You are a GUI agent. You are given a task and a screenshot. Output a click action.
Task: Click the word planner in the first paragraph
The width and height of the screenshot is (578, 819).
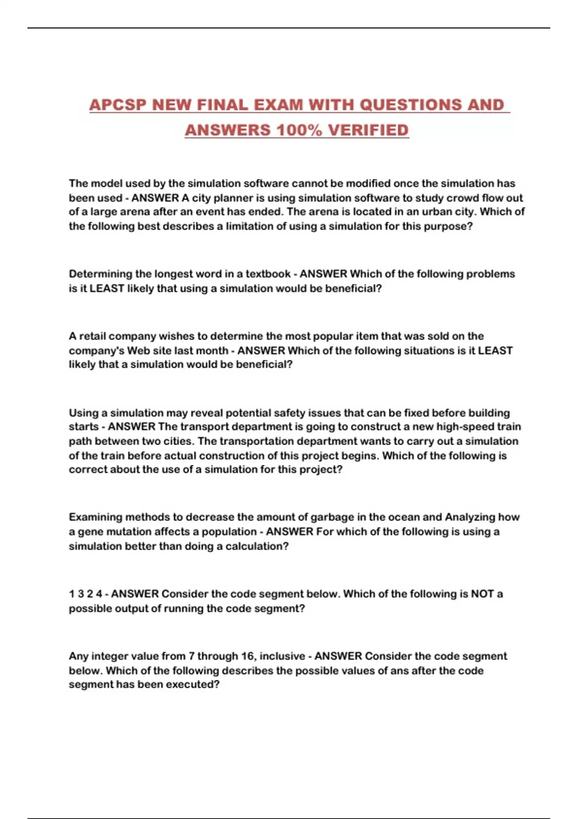[233, 198]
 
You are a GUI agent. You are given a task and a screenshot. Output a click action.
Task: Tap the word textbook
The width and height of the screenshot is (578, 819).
[268, 274]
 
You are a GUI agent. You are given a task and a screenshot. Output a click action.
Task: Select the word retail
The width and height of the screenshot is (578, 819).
[92, 336]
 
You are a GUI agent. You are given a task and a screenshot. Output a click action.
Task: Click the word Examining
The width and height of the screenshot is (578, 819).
[95, 517]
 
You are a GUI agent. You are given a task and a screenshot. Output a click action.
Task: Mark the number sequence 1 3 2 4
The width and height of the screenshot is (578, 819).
[85, 594]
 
